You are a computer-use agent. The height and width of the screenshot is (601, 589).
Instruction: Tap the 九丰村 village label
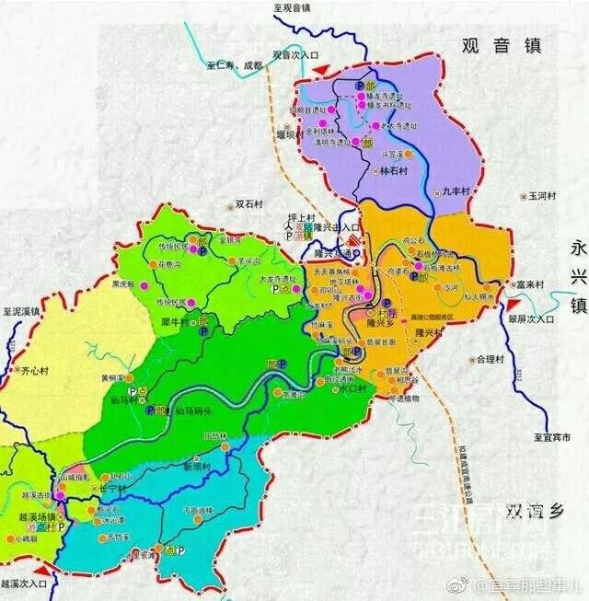pos(456,191)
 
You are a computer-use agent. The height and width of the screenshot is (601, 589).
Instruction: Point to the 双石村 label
pos(250,203)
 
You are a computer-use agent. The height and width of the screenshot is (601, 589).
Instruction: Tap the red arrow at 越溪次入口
pos(56,573)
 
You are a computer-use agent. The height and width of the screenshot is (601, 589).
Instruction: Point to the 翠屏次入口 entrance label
pos(533,318)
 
